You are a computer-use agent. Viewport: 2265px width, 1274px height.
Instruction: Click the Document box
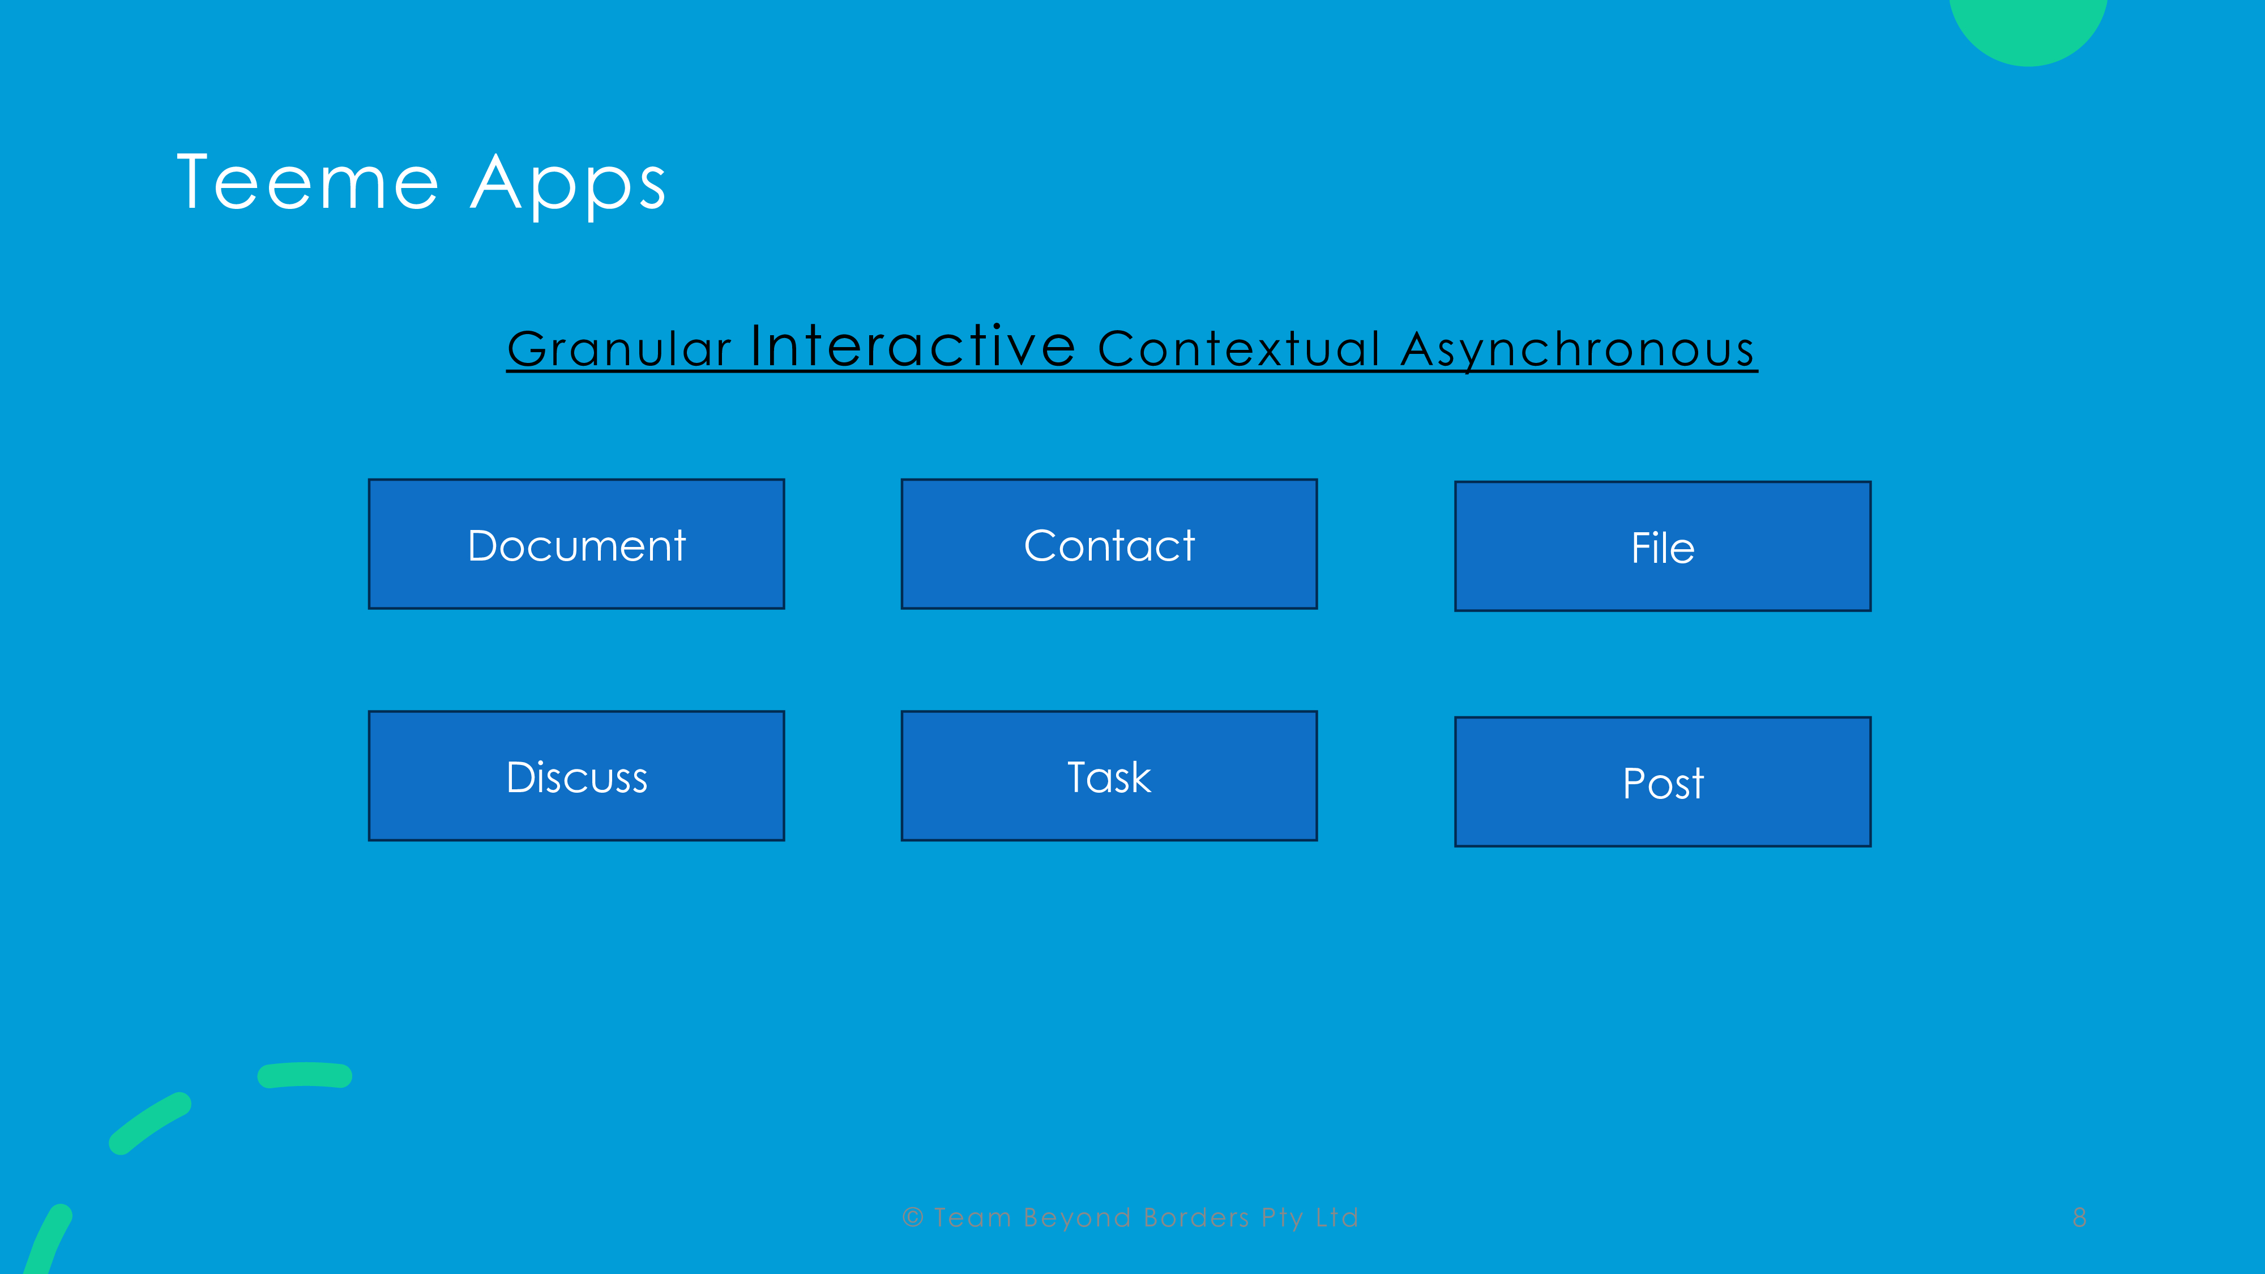[x=576, y=544]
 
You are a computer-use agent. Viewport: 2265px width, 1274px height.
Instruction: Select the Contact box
[x=1109, y=544]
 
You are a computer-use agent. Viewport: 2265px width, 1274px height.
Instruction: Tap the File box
[x=1663, y=546]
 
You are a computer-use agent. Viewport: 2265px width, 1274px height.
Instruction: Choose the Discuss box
[x=576, y=776]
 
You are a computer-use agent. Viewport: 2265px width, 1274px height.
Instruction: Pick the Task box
[x=1109, y=776]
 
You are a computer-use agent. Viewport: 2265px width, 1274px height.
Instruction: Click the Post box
[x=1663, y=781]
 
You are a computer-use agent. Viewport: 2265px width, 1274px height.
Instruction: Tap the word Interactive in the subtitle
[x=913, y=345]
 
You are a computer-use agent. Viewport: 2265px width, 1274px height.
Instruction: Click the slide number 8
[x=2079, y=1218]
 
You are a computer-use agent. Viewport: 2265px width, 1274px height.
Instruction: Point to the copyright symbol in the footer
[x=913, y=1218]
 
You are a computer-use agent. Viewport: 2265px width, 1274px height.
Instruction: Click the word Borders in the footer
[x=1196, y=1218]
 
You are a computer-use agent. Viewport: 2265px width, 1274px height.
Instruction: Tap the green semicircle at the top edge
[x=2028, y=31]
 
